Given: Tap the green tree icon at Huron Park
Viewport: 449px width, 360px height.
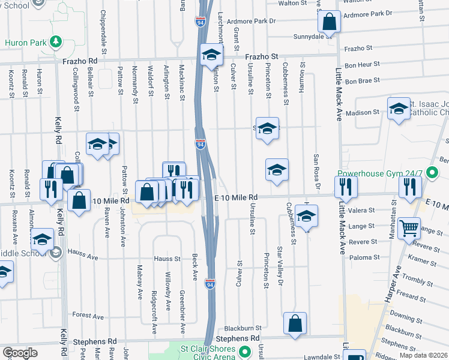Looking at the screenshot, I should pos(56,41).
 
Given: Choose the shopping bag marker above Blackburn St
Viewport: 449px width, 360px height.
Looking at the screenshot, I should pos(295,322).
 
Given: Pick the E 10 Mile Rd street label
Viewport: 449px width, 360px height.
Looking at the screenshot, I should pos(236,197).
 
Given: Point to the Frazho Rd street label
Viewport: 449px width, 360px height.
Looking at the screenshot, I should pos(79,61).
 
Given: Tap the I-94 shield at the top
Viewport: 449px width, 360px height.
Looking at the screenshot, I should pos(200,22).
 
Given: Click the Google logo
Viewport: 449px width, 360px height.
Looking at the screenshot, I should pos(20,353).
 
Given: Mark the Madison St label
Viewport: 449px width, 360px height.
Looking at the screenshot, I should pos(363,112).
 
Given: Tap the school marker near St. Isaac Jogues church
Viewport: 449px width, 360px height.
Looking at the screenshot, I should pos(398,109).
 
